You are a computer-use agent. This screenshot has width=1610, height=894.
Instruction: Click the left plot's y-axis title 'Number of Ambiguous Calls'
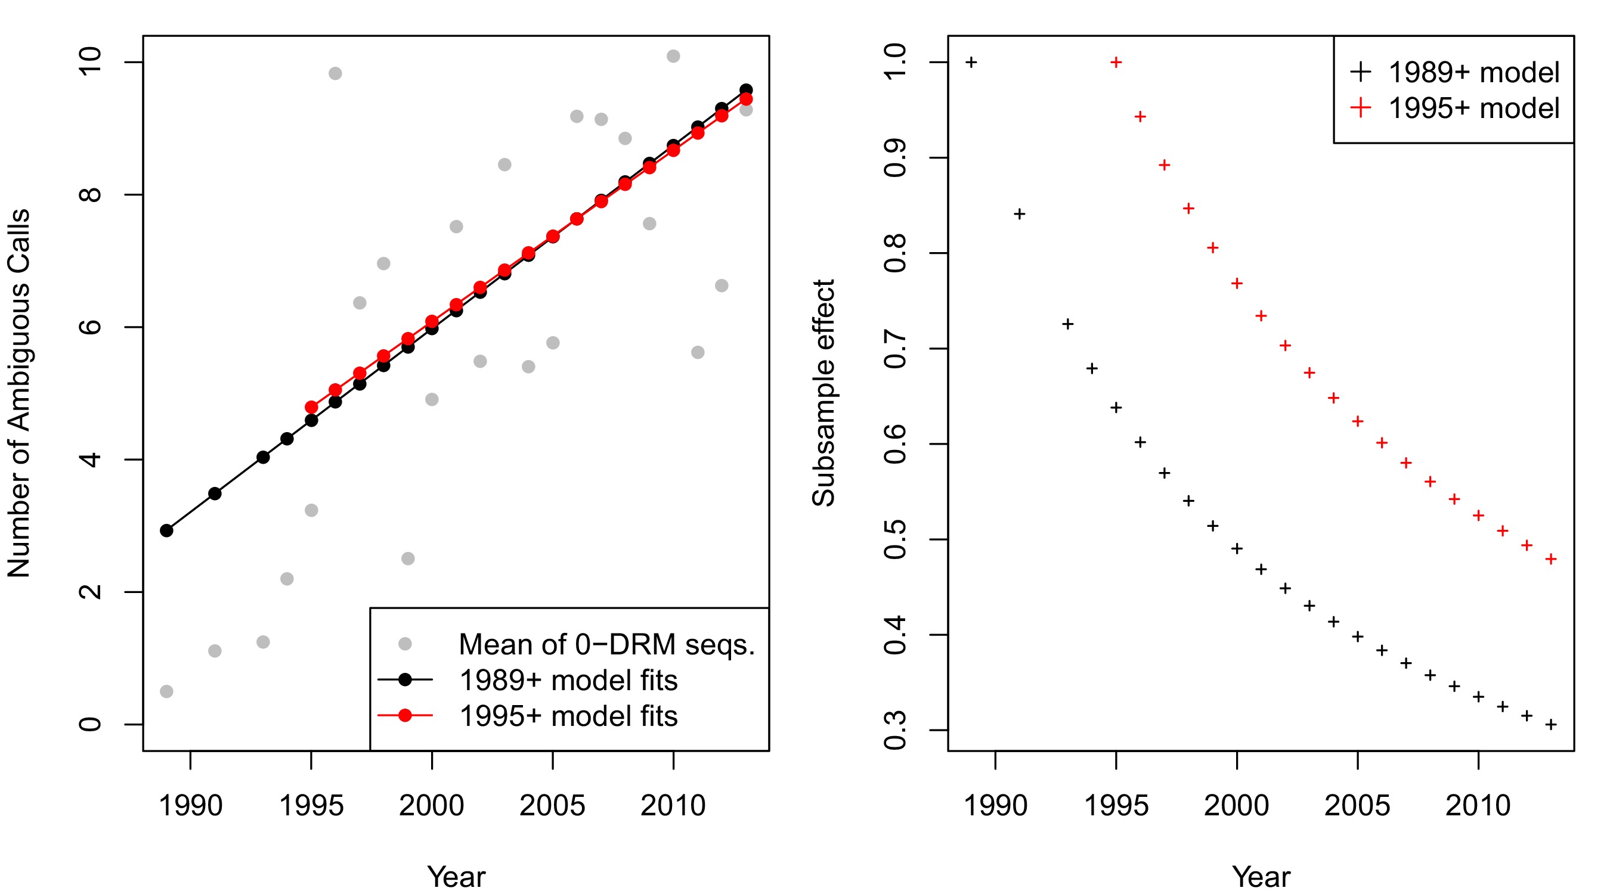[x=18, y=393]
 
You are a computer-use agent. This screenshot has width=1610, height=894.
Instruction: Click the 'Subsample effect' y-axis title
[x=823, y=393]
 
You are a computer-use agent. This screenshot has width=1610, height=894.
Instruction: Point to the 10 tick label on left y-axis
[x=91, y=62]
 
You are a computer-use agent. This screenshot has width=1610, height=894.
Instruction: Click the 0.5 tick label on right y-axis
[x=896, y=539]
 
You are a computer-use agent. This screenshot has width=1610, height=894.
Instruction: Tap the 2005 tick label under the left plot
[x=552, y=805]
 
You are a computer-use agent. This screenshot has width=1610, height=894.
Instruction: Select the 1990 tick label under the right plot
[x=995, y=805]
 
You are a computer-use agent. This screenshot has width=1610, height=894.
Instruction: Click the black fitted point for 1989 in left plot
[x=166, y=530]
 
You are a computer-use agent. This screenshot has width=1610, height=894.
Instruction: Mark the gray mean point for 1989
[x=166, y=691]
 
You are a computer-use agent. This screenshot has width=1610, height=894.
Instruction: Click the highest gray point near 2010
[x=673, y=56]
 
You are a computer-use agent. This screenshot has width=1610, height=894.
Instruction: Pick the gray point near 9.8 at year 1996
[x=335, y=74]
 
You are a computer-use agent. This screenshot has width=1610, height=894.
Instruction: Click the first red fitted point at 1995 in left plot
[x=311, y=407]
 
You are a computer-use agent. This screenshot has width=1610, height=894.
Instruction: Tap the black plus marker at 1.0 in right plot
[x=971, y=63]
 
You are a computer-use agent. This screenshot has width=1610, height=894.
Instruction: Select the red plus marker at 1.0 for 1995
[x=1116, y=63]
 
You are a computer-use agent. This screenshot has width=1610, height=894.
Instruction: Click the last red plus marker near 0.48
[x=1550, y=559]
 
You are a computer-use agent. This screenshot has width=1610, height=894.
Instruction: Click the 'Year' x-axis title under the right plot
[x=1261, y=877]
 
